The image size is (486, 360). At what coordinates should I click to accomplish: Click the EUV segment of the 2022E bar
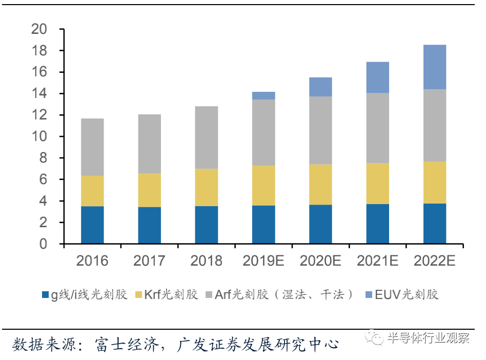pyautogui.click(x=434, y=67)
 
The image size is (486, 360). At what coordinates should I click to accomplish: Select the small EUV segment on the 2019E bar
pyautogui.click(x=263, y=95)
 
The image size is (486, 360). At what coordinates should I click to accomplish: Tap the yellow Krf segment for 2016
pyautogui.click(x=92, y=191)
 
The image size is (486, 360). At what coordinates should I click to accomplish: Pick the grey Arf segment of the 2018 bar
pyautogui.click(x=206, y=137)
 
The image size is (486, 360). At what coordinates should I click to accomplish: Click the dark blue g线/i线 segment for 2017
pyautogui.click(x=149, y=225)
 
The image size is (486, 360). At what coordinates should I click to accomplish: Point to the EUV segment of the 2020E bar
pyautogui.click(x=320, y=87)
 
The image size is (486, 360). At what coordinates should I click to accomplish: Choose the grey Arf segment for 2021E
pyautogui.click(x=377, y=128)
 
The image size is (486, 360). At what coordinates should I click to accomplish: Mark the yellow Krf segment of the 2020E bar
pyautogui.click(x=320, y=185)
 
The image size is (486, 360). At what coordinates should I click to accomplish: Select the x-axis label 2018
pyautogui.click(x=206, y=261)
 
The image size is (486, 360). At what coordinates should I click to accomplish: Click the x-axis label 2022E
pyautogui.click(x=434, y=261)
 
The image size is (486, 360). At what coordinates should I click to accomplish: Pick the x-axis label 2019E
pyautogui.click(x=263, y=261)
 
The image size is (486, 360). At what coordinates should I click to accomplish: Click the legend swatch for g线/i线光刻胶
pyautogui.click(x=45, y=295)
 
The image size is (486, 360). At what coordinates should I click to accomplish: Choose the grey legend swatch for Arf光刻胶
pyautogui.click(x=209, y=295)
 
